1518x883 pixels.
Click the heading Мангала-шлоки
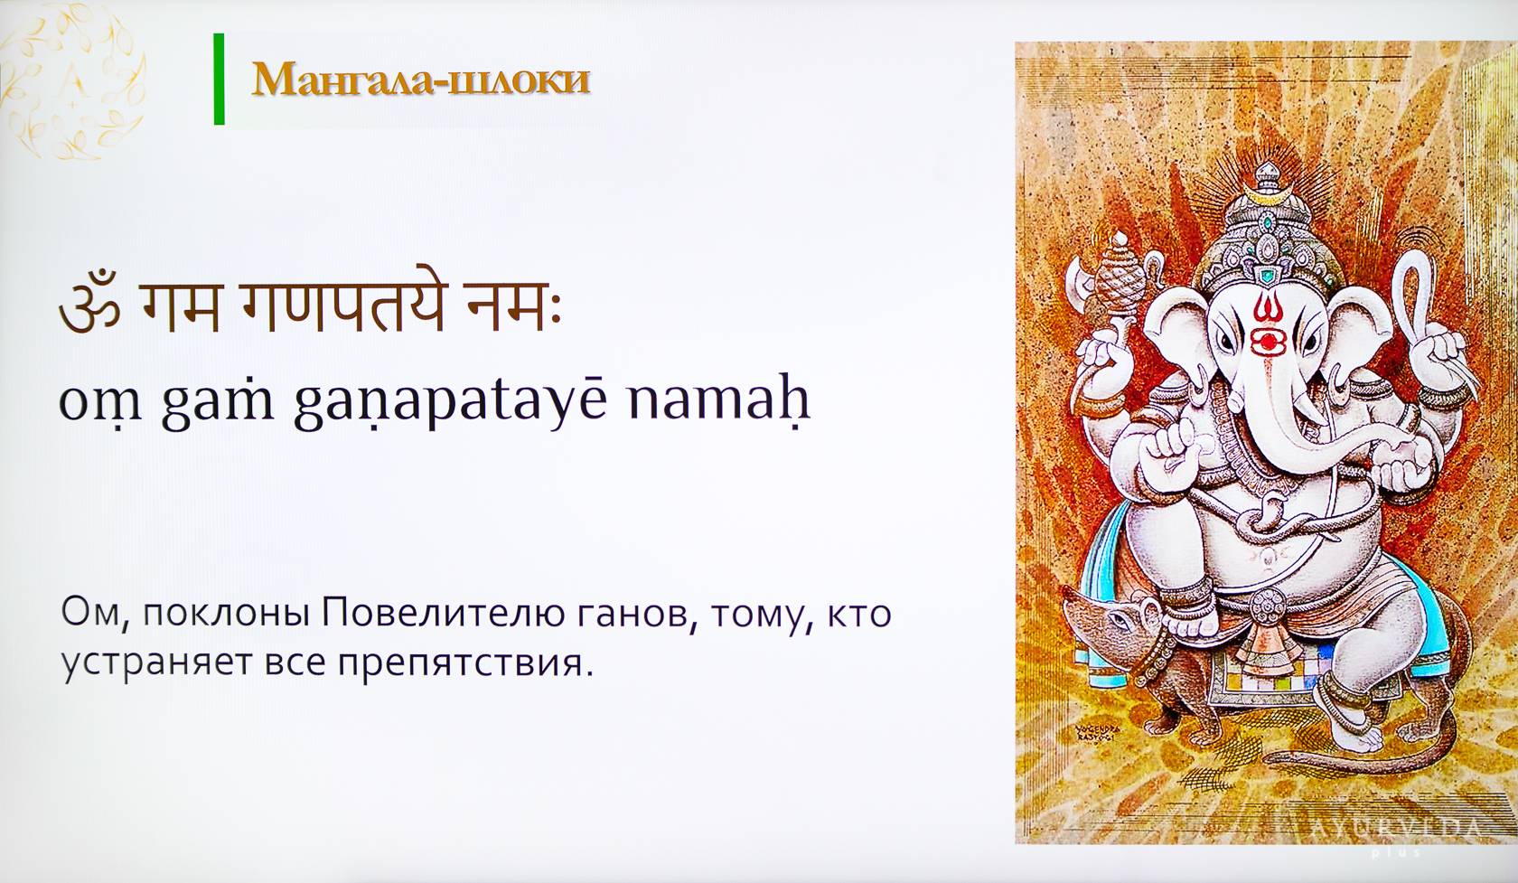click(421, 80)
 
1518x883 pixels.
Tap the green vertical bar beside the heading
click(219, 79)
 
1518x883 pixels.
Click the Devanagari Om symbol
click(89, 310)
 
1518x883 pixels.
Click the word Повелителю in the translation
click(443, 614)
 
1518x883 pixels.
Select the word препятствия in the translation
click(460, 665)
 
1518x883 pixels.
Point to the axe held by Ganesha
click(1082, 283)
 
